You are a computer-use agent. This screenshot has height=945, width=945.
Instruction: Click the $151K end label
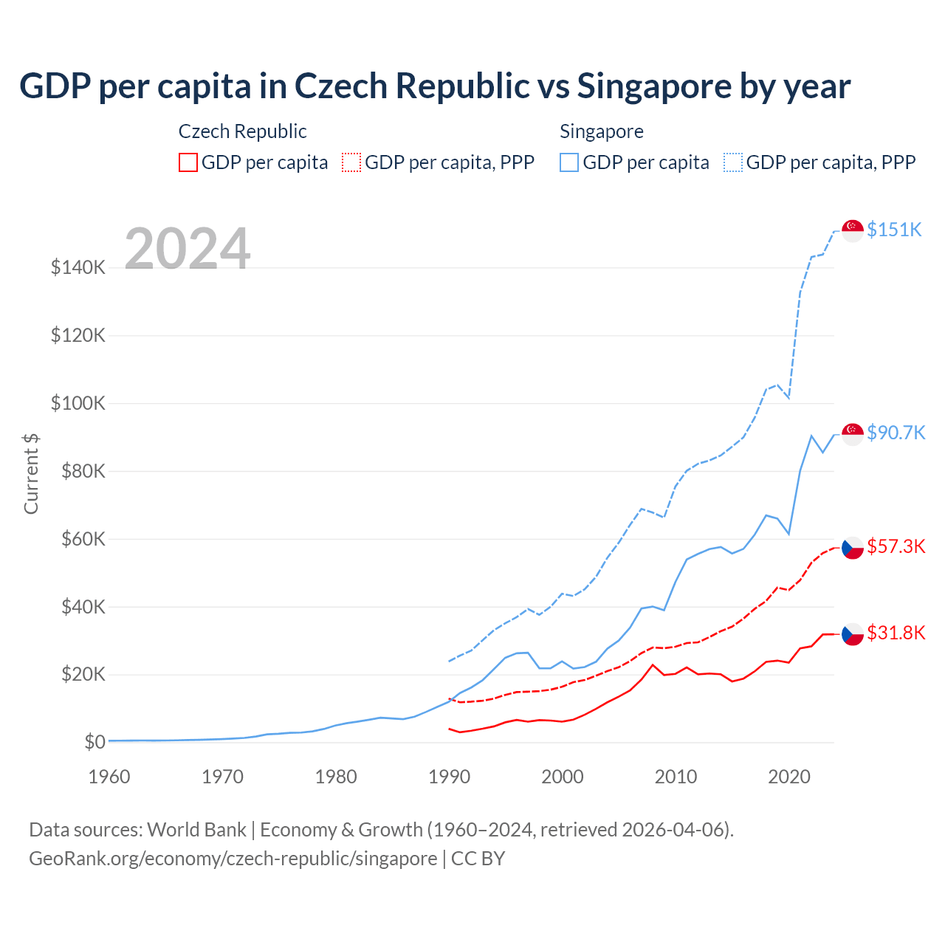(894, 230)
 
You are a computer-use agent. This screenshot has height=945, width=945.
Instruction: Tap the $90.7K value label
(896, 433)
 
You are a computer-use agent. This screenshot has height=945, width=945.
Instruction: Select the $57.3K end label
(896, 546)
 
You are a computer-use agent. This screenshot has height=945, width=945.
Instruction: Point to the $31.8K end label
(896, 633)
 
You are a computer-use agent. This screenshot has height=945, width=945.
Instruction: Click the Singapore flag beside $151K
(853, 230)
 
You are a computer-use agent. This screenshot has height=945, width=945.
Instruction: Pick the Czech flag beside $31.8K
(853, 633)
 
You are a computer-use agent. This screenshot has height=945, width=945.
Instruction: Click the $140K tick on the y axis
(78, 267)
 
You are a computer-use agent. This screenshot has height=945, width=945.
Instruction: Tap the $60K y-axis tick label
(81, 539)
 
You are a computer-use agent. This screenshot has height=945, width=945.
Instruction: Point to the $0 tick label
(94, 742)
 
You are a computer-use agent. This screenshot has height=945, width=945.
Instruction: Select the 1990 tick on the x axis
(449, 777)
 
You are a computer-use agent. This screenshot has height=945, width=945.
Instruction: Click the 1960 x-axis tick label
(109, 777)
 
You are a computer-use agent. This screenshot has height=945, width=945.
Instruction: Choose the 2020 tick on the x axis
(789, 777)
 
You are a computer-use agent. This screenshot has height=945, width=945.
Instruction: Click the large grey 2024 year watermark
(188, 248)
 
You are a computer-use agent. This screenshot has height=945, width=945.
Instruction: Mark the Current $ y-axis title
(31, 474)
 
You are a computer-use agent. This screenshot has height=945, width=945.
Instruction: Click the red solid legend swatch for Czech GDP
(188, 162)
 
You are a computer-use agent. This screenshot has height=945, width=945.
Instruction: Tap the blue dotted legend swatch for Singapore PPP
(733, 162)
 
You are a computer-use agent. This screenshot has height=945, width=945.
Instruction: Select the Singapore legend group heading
(602, 131)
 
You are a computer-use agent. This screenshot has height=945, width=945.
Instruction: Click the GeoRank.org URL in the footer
(233, 859)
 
